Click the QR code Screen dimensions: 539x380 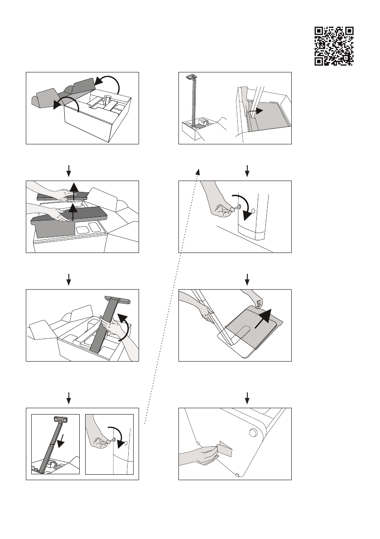pos(334,46)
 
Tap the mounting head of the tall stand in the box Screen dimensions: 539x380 pos(190,77)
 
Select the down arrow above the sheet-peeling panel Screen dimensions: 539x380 pos(247,279)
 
